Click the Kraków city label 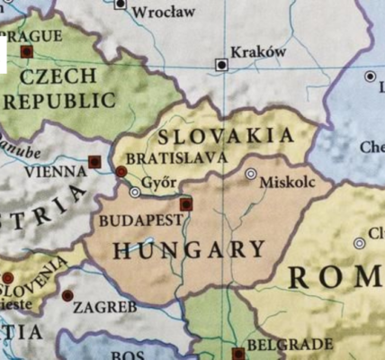coord(258,52)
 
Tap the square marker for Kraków coord(220,64)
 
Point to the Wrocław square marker coord(121,4)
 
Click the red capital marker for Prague coord(26,52)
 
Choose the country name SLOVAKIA coord(225,136)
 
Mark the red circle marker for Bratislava coord(121,171)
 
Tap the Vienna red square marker coord(94,162)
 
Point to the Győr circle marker coord(135,192)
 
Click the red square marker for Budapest coord(186,204)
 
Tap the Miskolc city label coord(287,182)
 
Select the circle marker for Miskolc coord(251,174)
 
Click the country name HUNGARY coord(189,249)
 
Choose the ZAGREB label coord(105,307)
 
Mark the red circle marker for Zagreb coord(67,295)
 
